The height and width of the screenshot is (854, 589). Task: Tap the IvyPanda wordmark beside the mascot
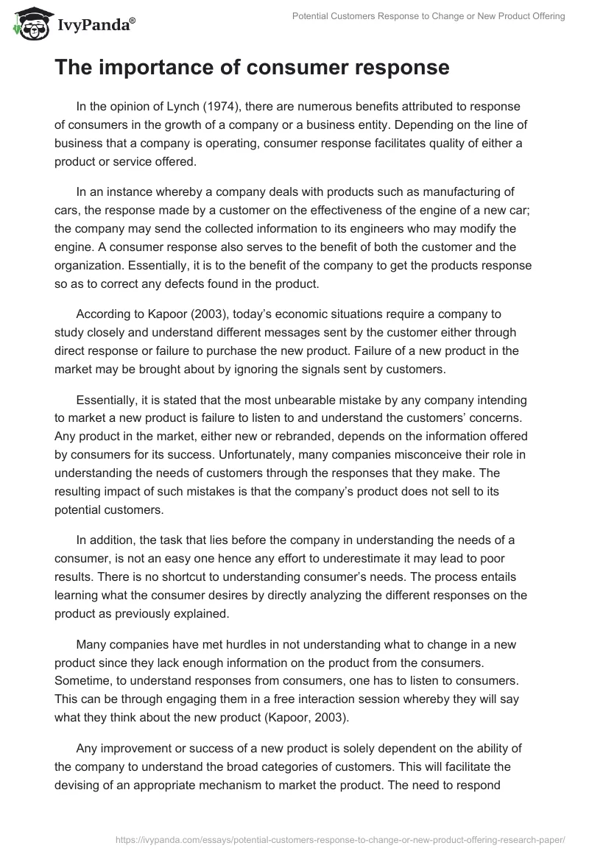click(95, 26)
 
